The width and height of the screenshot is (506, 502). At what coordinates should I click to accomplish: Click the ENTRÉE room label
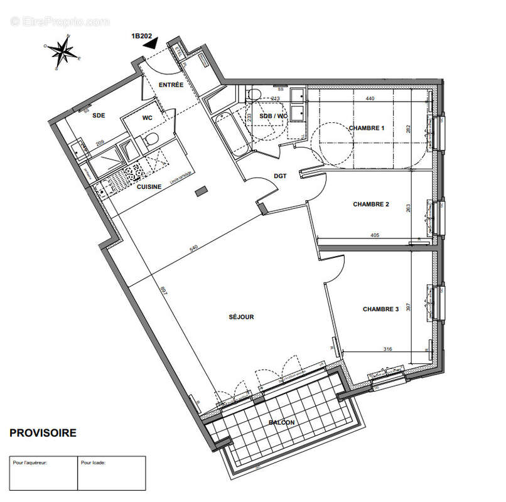pos(171,85)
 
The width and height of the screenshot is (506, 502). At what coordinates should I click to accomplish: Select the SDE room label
pos(99,116)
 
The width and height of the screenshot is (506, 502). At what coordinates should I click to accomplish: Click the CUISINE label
pos(149,186)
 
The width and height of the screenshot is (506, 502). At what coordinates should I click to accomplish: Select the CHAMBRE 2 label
pos(371,204)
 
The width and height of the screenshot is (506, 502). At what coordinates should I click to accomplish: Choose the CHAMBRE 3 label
pos(380,309)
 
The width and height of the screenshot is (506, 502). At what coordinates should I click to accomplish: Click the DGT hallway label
pos(280,176)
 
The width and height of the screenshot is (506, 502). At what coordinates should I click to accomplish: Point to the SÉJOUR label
pos(241,317)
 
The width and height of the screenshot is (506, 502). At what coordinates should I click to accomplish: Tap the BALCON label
pos(281,422)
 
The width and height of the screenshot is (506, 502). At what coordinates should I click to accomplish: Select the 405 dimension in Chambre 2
pos(375,236)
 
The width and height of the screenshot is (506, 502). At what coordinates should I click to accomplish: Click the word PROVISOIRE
pos(43,433)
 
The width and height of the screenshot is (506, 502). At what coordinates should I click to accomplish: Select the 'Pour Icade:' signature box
pos(111,473)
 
